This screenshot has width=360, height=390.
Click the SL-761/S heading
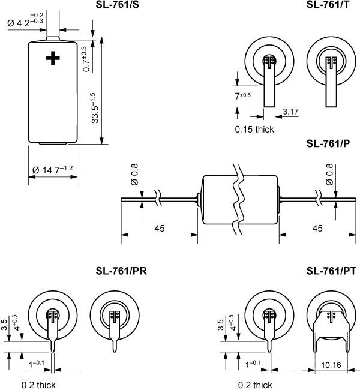click(118, 4)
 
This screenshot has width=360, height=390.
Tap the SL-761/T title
click(328, 4)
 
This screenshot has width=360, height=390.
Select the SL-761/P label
click(328, 144)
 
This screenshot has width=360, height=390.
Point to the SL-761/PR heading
click(121, 271)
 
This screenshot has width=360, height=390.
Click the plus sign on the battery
click(53, 58)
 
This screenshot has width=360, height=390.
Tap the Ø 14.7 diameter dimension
click(52, 170)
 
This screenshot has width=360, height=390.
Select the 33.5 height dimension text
click(95, 108)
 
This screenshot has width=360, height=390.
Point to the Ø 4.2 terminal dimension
click(25, 20)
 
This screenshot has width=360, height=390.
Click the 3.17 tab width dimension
click(290, 112)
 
